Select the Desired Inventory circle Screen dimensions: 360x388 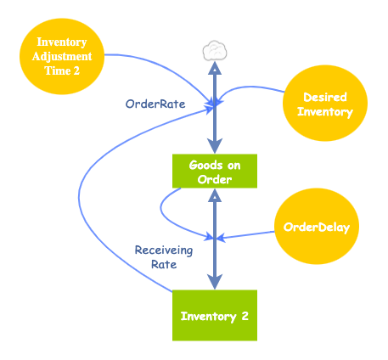point(325,105)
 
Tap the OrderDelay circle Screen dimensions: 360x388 point(317,227)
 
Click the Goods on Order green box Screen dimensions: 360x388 point(215,171)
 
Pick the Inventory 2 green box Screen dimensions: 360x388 point(215,316)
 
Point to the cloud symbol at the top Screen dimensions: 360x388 point(216,50)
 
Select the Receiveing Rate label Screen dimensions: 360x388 point(164,257)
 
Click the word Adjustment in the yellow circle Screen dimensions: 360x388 point(61,56)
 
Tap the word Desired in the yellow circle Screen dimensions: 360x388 point(325,98)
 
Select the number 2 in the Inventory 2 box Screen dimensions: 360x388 point(245,316)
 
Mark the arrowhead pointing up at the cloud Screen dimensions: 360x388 point(216,68)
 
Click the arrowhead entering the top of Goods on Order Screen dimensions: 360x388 point(216,147)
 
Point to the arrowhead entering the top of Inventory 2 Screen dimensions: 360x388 point(216,284)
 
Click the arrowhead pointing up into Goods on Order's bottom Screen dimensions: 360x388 point(216,195)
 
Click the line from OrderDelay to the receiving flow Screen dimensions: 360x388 point(250,233)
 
